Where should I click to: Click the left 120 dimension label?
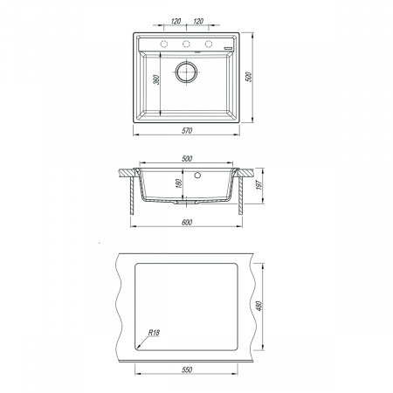point(176,21)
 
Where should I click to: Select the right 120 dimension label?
point(198,21)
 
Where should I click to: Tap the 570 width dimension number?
point(187,131)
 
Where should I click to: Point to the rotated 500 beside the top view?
point(249,77)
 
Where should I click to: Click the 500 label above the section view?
point(187,159)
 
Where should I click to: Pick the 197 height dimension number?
point(259,184)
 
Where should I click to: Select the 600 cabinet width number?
point(187,223)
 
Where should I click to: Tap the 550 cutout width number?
point(187,369)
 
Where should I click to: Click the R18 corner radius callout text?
point(154,333)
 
